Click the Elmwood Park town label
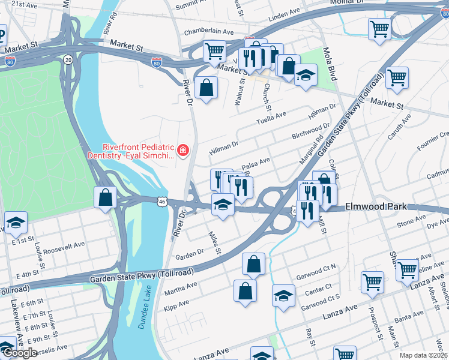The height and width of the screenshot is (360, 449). coord(376,207)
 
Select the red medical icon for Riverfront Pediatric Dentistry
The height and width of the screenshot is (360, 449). coord(182,150)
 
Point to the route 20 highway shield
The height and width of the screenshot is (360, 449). coord(68,59)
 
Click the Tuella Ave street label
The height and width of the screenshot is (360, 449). coord(272,118)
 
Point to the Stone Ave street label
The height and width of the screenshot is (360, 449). coord(411,223)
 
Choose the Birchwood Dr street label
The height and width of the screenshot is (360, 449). coord(310,133)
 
